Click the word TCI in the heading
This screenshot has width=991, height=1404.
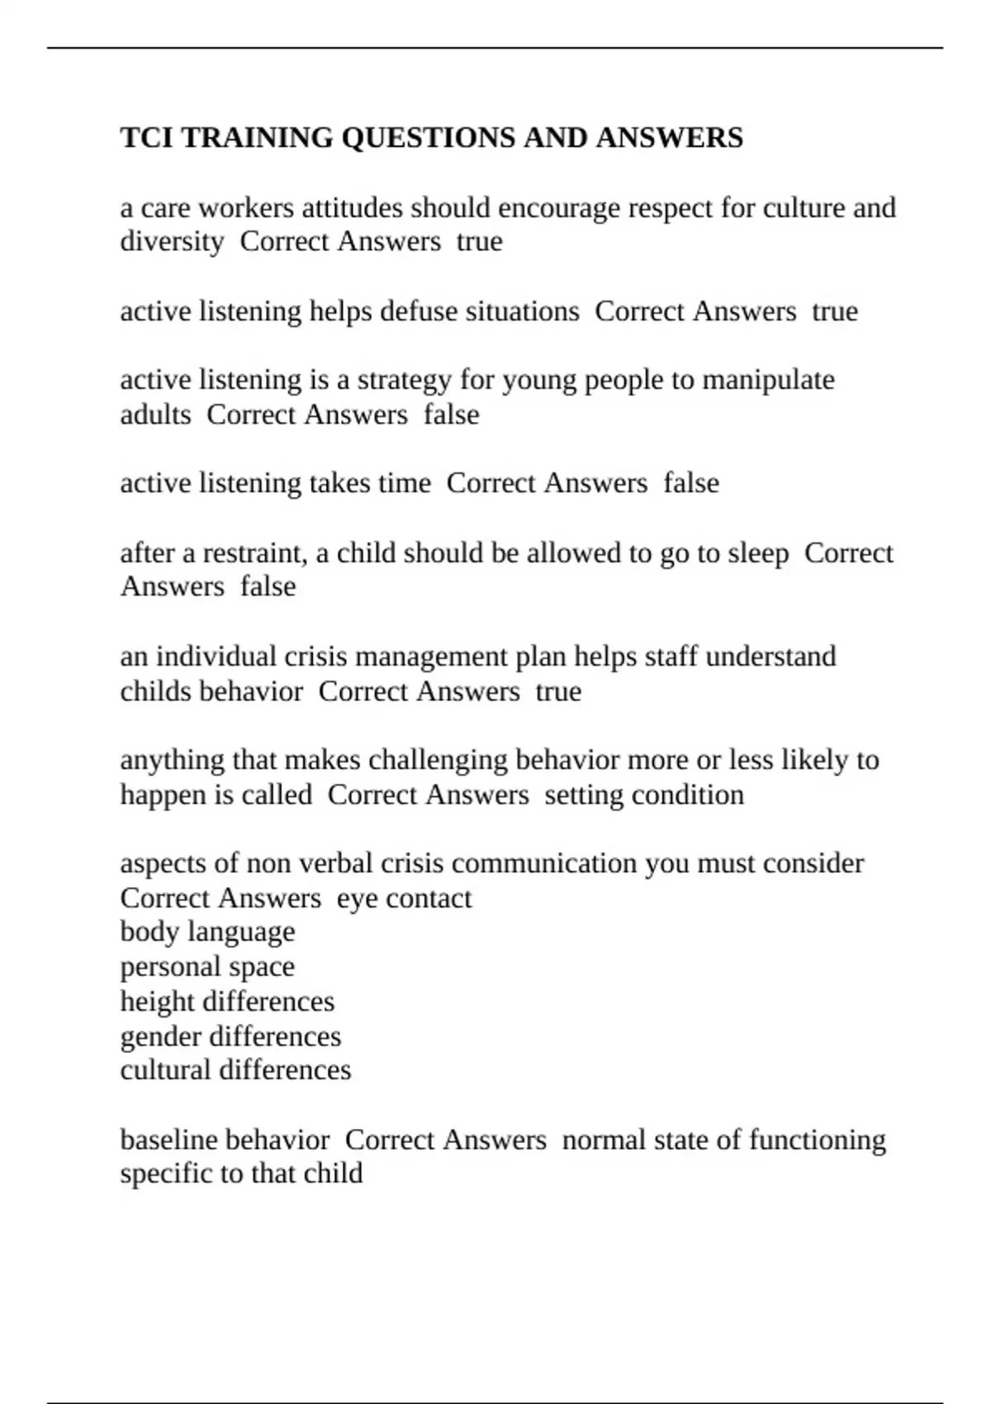coord(146,137)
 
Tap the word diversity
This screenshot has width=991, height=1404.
coord(172,242)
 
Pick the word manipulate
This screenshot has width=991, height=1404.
coord(768,380)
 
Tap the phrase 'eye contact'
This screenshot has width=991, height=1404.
coord(404,898)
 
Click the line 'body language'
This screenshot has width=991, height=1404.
coord(207,932)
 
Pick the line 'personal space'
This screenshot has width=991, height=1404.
coord(207,966)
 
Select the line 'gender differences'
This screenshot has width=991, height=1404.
coord(230,1036)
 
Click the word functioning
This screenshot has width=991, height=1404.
coord(817,1140)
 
